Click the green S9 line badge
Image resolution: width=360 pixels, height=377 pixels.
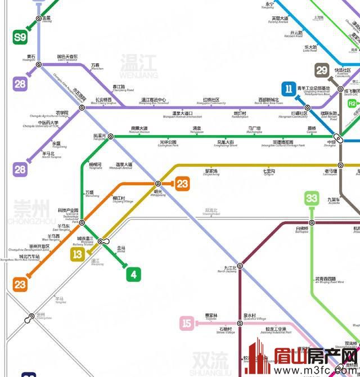[x=20, y=38]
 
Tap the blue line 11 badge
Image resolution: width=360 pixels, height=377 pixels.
[x=289, y=89]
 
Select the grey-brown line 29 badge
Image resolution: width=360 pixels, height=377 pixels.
[x=322, y=70]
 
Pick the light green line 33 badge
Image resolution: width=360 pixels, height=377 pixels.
[x=312, y=198]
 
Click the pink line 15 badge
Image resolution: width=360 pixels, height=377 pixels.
[x=187, y=323]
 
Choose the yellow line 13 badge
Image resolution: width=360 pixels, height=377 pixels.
[x=78, y=254]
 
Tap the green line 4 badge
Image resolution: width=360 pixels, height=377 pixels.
[x=133, y=275]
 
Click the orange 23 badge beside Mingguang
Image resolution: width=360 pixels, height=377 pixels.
[x=182, y=183]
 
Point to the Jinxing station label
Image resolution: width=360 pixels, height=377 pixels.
[x=47, y=19]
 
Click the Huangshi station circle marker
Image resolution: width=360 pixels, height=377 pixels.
[x=39, y=65]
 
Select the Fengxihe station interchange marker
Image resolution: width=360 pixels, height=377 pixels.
[x=111, y=136]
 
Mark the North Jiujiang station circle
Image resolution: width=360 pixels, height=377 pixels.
[x=240, y=264]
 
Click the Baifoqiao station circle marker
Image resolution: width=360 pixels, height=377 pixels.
[x=312, y=223]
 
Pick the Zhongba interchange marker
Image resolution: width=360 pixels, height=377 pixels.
[x=339, y=137]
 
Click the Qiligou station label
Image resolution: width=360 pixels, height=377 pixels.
[x=268, y=172]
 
